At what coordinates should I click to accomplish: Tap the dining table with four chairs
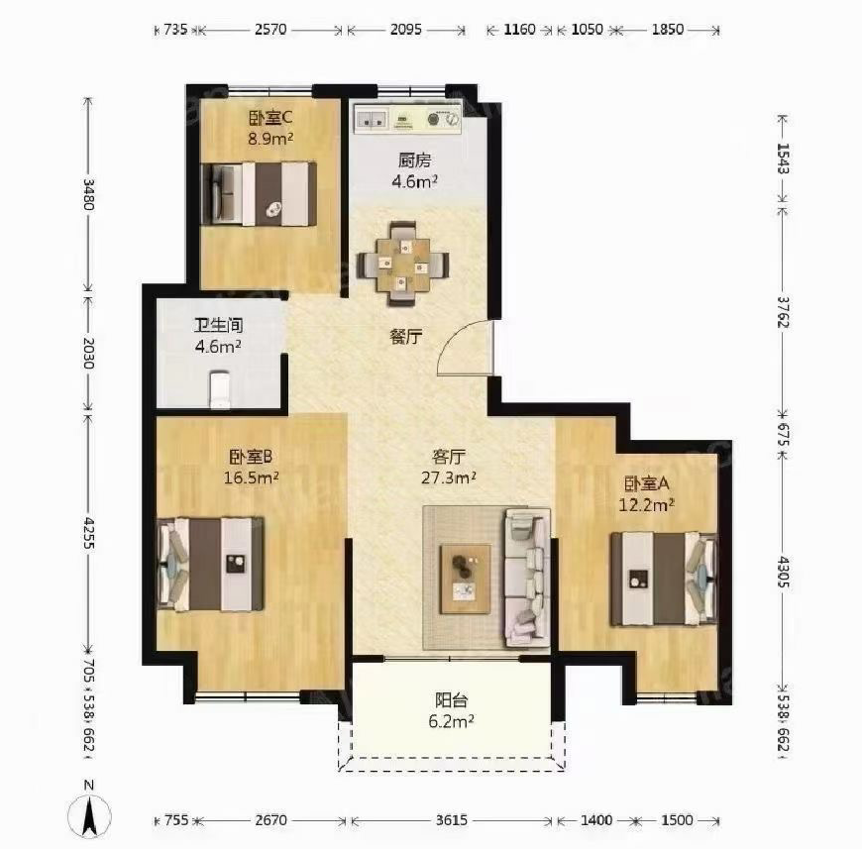click(x=403, y=264)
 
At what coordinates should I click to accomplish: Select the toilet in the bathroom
click(x=220, y=389)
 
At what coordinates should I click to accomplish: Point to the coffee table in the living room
click(x=465, y=579)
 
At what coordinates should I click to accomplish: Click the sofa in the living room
click(x=527, y=577)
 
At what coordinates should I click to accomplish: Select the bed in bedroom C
click(x=260, y=193)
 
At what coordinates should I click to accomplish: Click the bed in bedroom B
click(x=210, y=564)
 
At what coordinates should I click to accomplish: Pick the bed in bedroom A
click(x=664, y=579)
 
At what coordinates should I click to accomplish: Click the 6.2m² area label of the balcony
click(x=452, y=721)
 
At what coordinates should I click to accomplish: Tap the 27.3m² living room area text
click(x=449, y=478)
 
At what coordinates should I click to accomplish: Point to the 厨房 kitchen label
click(x=414, y=160)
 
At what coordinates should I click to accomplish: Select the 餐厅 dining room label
click(x=406, y=336)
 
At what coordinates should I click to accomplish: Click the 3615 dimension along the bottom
click(x=452, y=820)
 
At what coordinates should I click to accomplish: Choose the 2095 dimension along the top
click(x=405, y=29)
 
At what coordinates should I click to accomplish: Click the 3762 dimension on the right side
click(x=784, y=312)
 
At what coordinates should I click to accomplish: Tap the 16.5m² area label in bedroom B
click(x=252, y=478)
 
